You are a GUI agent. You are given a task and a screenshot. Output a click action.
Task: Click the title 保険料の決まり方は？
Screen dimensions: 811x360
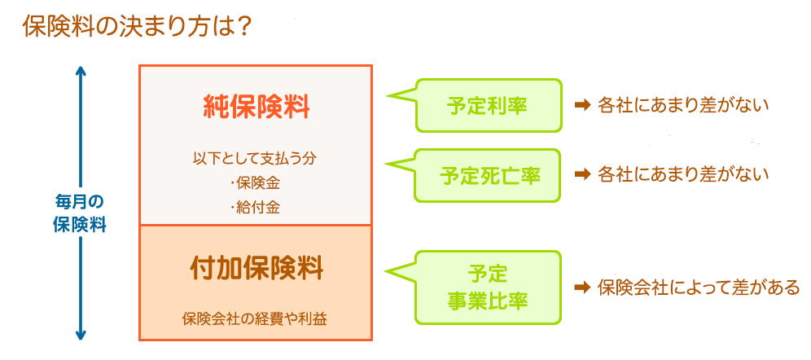[x=137, y=28]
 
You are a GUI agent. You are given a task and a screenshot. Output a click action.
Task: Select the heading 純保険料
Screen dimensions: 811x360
[x=256, y=108]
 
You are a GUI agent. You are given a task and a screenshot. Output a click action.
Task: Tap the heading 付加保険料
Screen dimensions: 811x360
[x=256, y=269]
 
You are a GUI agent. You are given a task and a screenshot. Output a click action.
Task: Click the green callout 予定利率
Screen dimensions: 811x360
[x=487, y=105]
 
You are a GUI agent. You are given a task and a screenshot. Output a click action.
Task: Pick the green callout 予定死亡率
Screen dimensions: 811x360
[x=487, y=175]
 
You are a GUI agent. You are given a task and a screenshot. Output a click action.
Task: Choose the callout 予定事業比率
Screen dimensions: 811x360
[x=487, y=288]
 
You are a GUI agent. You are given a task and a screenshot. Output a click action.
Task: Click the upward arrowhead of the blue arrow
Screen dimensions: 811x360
[x=80, y=70]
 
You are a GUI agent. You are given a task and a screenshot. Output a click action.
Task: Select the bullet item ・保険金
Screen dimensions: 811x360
[x=255, y=182]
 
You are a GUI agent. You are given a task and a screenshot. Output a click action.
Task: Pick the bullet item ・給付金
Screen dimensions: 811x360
[x=255, y=208]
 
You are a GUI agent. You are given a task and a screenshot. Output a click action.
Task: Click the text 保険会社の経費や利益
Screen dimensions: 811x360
[x=255, y=318]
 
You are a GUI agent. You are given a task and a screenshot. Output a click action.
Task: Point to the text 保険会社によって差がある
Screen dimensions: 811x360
[x=699, y=288]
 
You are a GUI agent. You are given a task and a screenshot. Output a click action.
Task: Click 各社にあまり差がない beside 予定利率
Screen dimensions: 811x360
[x=682, y=106]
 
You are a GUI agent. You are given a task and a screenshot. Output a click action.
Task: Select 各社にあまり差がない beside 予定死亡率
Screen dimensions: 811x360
[x=682, y=175]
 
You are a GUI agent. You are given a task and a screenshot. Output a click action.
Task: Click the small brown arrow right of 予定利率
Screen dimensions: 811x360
[x=582, y=106]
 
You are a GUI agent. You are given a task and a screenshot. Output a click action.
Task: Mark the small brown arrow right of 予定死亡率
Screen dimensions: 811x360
[x=582, y=175]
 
